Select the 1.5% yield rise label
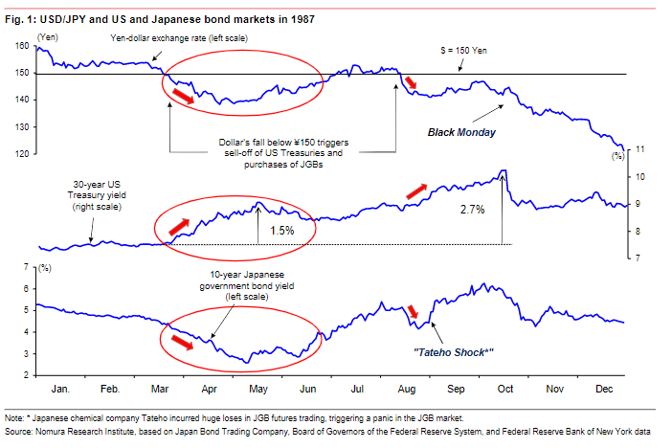pos(283,231)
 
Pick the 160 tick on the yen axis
pos(22,46)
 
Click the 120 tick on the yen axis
pos(22,153)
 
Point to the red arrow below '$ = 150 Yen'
pos(413,83)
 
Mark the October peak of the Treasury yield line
pos(504,171)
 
